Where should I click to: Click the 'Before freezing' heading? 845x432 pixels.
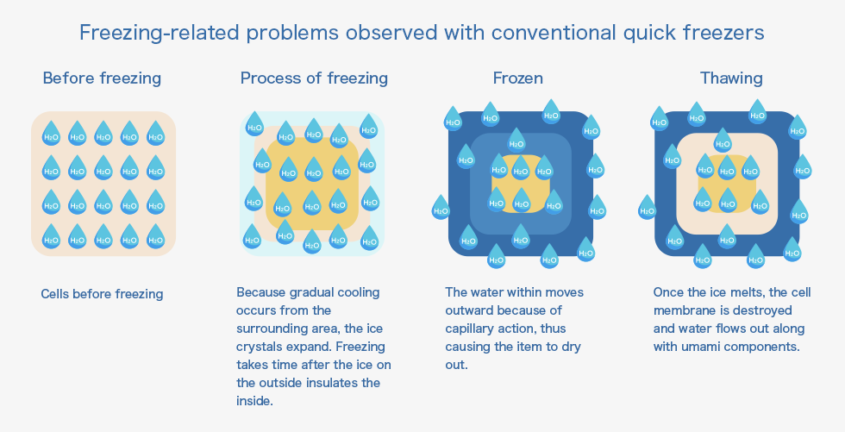click(x=102, y=78)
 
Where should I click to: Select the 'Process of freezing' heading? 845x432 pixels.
click(x=314, y=78)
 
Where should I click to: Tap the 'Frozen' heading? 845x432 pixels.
click(x=518, y=78)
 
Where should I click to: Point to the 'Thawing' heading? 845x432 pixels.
click(x=731, y=78)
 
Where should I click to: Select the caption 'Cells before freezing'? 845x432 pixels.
click(x=102, y=294)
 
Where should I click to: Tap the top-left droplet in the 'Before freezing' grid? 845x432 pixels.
click(x=51, y=133)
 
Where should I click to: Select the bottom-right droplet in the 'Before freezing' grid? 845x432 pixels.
click(x=156, y=236)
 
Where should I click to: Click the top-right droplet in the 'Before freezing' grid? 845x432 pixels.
click(x=156, y=133)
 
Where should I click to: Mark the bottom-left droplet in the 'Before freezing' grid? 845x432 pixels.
click(x=51, y=236)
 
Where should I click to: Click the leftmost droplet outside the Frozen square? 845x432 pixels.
click(x=441, y=208)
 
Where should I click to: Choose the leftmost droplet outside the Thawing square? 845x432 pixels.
click(x=648, y=208)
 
